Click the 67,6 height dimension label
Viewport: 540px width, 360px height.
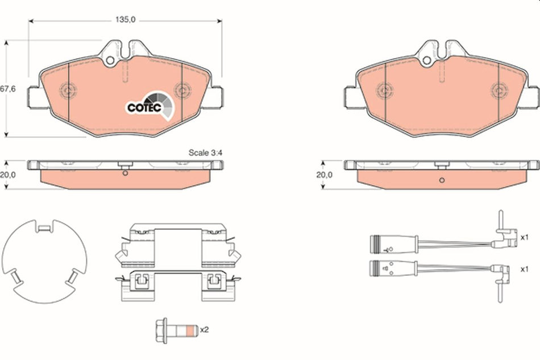6,89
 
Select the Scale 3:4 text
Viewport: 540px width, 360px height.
206,152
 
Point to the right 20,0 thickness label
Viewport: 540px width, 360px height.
324,175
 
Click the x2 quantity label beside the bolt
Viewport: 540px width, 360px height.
203,329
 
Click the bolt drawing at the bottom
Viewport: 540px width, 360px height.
173,330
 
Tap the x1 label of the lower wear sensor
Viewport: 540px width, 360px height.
524,268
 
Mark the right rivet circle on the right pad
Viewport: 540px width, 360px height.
500,90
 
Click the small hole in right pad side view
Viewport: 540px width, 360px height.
441,181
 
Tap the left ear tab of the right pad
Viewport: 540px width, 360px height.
350,97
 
